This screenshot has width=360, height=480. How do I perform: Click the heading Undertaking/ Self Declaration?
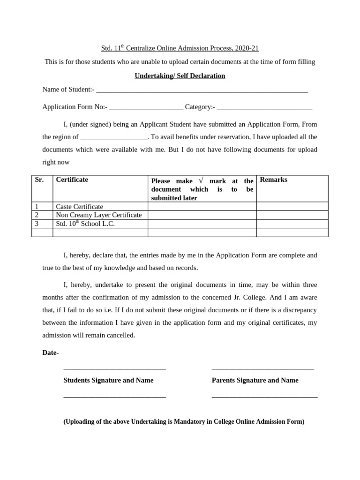pos(180,75)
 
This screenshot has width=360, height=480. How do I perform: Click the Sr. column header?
pos(39,180)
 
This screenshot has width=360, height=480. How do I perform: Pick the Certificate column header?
pos(72,180)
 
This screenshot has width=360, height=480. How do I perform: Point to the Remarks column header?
pos(274,180)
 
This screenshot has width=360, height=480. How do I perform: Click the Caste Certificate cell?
pos(79,207)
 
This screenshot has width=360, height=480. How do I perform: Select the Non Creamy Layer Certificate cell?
pos(98,215)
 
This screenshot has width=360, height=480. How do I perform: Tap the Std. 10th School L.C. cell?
pos(85,224)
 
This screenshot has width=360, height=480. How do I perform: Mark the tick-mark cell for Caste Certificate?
pos(202,207)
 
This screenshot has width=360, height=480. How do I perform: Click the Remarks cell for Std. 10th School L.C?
pos(292,224)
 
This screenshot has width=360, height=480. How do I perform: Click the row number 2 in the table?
pos(37,215)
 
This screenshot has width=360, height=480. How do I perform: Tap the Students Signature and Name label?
pos(108,380)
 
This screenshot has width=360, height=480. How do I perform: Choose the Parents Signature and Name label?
pos(255,380)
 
